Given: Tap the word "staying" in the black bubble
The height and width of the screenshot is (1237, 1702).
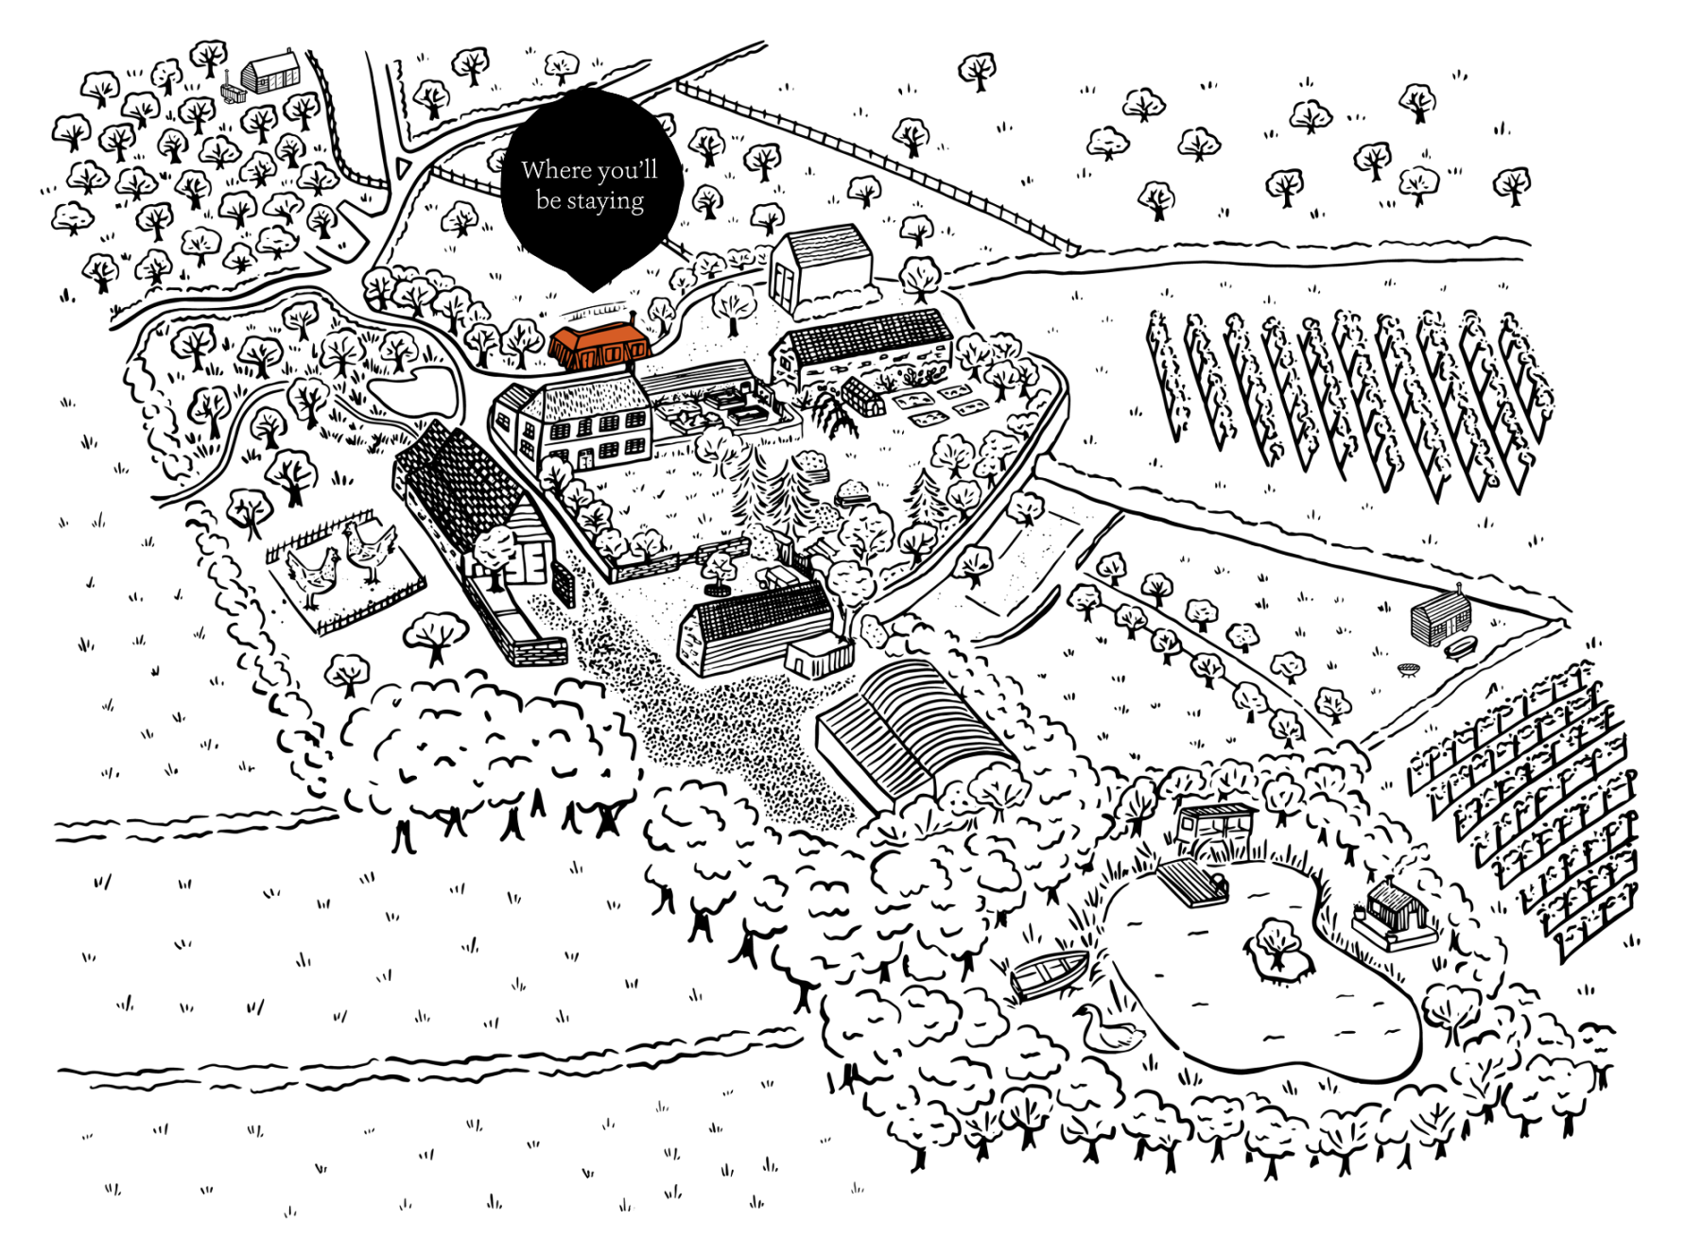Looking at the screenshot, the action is click(605, 202).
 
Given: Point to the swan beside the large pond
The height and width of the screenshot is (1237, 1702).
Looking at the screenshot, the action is click(1107, 1028).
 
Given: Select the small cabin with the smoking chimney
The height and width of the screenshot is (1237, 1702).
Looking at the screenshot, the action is click(1394, 912).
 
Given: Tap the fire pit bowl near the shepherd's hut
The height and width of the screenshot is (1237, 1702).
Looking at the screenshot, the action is click(1409, 670).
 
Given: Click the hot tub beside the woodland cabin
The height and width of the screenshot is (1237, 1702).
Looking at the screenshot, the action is click(232, 93).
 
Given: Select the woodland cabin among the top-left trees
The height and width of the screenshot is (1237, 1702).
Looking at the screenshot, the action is click(270, 72).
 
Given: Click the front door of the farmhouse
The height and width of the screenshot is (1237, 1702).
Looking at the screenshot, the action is click(586, 459).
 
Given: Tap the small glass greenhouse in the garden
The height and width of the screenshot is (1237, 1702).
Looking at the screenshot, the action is click(863, 396).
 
